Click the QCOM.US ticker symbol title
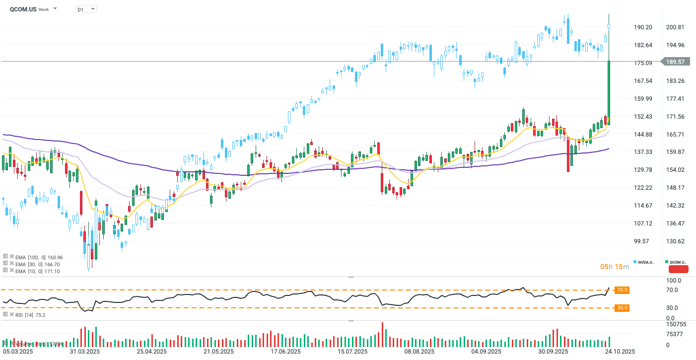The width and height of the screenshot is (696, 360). click(x=23, y=9)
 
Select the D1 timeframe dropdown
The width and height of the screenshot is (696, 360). click(x=85, y=9)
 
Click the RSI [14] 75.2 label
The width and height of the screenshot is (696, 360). click(x=30, y=315)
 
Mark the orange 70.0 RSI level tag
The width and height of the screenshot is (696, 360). click(x=623, y=289)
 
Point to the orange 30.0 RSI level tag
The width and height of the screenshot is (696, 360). click(x=623, y=308)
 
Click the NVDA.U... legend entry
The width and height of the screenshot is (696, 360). click(x=645, y=262)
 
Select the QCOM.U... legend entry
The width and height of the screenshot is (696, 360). click(x=677, y=262)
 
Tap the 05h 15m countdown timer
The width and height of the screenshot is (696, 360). click(x=615, y=267)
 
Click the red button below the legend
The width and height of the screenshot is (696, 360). click(x=678, y=270)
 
